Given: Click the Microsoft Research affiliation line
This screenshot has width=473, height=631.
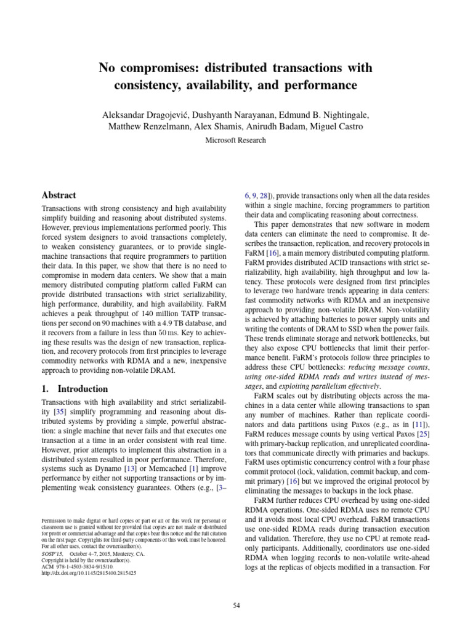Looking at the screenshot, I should point(236,140).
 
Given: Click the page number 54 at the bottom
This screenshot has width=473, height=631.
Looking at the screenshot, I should point(236,588).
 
